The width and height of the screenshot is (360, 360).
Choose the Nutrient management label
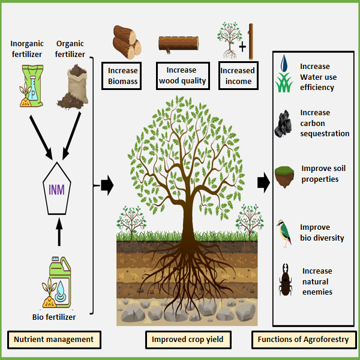(x=53, y=340)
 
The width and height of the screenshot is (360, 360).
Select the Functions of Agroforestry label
(x=302, y=340)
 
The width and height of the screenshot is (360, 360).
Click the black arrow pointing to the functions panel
(x=262, y=182)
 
